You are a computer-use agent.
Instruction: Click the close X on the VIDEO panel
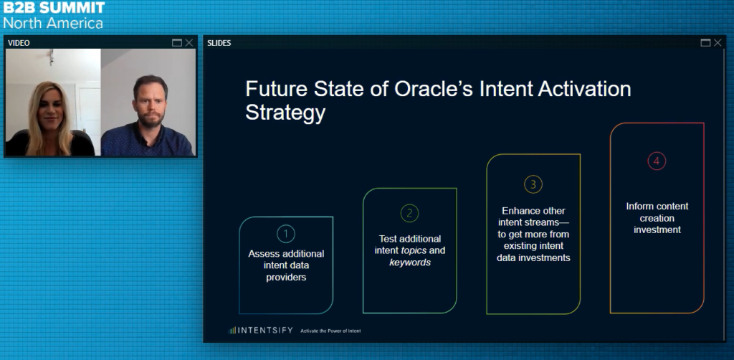coord(189,43)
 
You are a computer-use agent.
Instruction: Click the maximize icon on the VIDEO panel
coord(177,43)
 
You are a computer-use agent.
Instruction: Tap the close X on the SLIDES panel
coord(718,43)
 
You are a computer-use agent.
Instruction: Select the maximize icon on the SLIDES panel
coord(705,43)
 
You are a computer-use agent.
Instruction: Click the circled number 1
coord(285,234)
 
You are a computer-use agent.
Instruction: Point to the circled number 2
coord(409,213)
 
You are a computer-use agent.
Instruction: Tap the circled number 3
coord(533,184)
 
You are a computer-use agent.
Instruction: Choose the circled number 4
coord(657,161)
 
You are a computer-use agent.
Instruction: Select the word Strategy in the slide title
coord(285,113)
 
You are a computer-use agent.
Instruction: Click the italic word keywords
coord(410,262)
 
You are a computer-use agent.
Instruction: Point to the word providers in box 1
coord(286,277)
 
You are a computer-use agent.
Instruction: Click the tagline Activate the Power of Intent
coord(330,331)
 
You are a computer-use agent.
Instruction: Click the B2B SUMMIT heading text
coord(52,8)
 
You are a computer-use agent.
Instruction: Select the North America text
coord(52,23)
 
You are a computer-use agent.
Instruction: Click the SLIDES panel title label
coord(219,43)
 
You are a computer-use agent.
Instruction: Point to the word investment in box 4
coord(657,229)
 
